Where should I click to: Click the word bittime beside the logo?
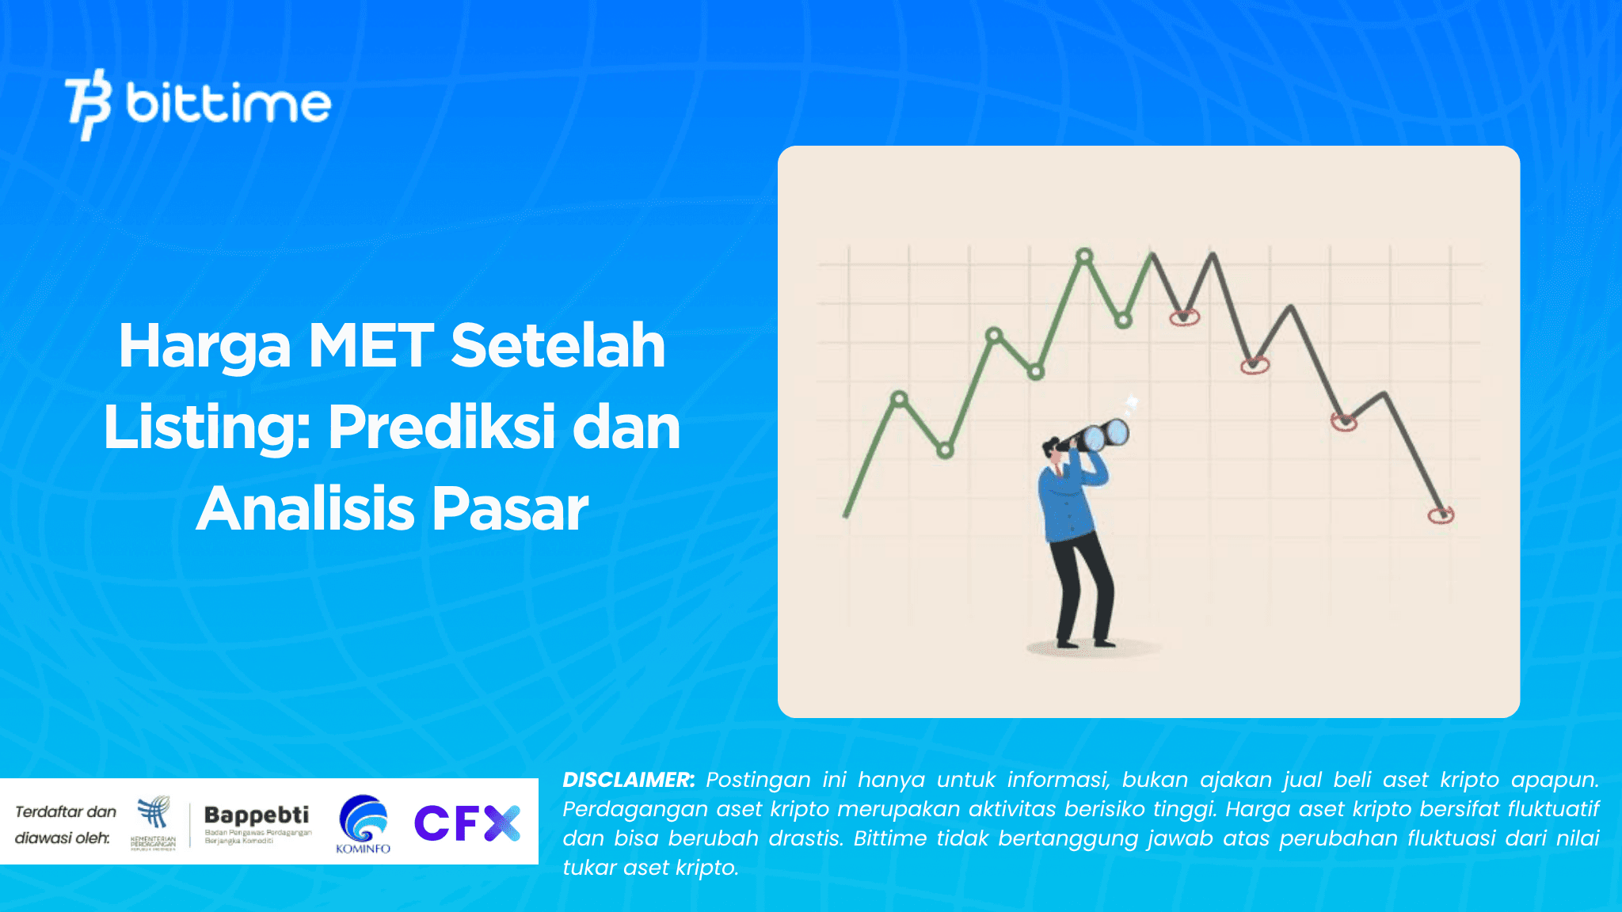(228, 103)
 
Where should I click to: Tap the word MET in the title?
(371, 346)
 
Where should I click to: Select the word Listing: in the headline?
(207, 427)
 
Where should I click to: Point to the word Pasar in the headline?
(510, 509)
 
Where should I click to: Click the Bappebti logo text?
(257, 815)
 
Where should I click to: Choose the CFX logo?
(466, 823)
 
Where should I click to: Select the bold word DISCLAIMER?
(628, 780)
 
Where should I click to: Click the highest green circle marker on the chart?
(1084, 256)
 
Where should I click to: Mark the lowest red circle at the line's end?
(1441, 515)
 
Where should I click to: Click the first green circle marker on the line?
(899, 398)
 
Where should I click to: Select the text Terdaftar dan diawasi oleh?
(65, 824)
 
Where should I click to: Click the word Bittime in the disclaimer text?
(889, 838)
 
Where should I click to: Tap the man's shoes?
(1085, 643)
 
